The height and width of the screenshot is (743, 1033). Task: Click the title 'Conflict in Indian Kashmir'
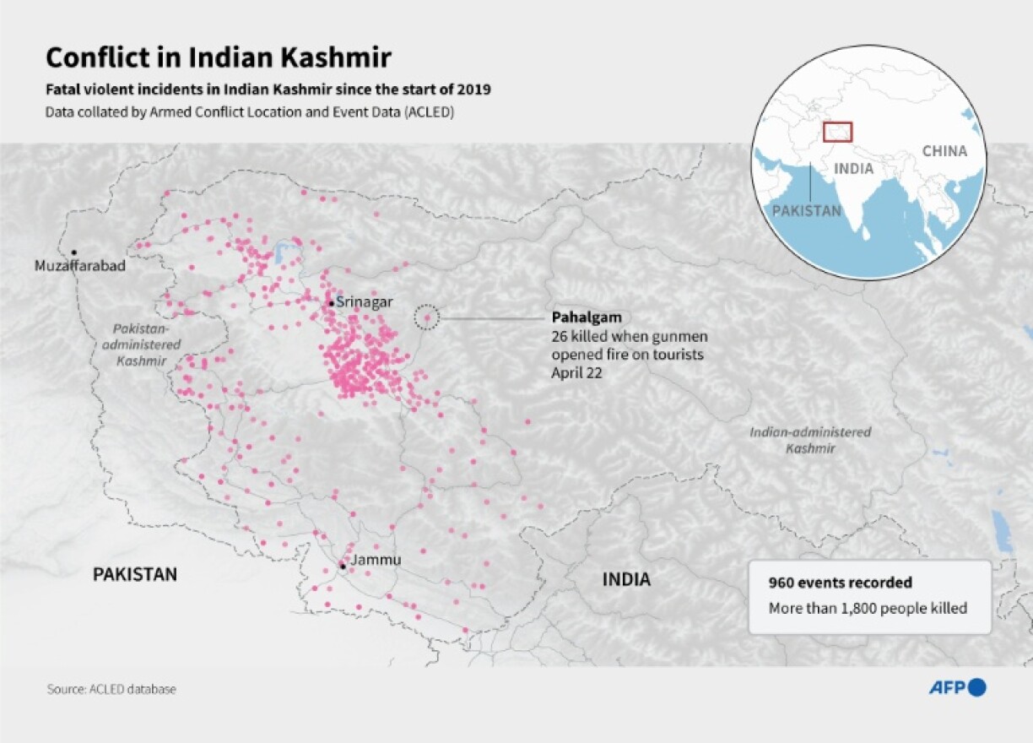tap(218, 57)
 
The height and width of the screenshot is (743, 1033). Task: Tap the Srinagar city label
tap(365, 302)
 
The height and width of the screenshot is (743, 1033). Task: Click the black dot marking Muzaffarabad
tap(74, 252)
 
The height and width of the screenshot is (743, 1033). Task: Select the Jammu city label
tap(376, 560)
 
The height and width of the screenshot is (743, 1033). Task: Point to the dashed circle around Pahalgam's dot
tap(427, 317)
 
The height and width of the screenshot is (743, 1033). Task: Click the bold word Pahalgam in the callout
tap(587, 317)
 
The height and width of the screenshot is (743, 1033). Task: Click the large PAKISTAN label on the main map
tap(135, 575)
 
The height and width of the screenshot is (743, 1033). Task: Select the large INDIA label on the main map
tap(626, 580)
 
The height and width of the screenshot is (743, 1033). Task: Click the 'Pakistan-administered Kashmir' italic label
tap(142, 344)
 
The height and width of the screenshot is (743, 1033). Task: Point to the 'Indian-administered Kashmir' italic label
tap(810, 440)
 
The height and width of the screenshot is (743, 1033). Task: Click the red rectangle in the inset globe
tap(838, 132)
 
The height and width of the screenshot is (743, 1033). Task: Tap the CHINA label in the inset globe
tap(944, 151)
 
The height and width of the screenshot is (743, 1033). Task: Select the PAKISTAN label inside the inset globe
tap(807, 211)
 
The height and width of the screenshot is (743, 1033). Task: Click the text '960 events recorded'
tap(840, 583)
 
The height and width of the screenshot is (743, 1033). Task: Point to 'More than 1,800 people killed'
tap(868, 608)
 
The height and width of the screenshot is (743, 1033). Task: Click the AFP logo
tap(957, 687)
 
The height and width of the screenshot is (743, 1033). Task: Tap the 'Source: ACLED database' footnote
tap(111, 689)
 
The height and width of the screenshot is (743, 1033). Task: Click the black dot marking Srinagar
tap(331, 303)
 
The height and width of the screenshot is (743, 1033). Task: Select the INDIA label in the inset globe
tap(853, 169)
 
